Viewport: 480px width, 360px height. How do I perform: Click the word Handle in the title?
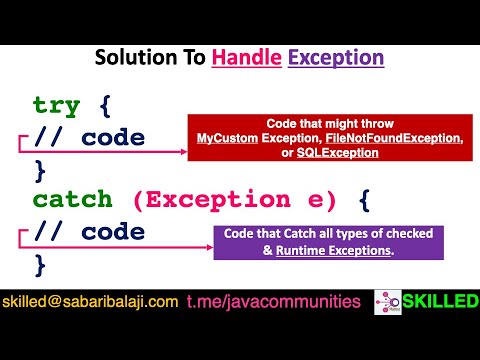(247, 58)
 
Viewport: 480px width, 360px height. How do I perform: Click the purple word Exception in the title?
(335, 58)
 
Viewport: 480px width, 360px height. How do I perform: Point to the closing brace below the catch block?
(40, 264)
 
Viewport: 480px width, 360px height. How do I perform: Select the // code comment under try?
(89, 137)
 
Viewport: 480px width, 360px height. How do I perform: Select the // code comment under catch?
(89, 232)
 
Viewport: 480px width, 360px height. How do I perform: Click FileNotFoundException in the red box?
(399, 137)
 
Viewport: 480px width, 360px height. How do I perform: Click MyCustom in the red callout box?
(224, 137)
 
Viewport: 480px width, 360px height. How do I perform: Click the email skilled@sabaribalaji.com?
(91, 300)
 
